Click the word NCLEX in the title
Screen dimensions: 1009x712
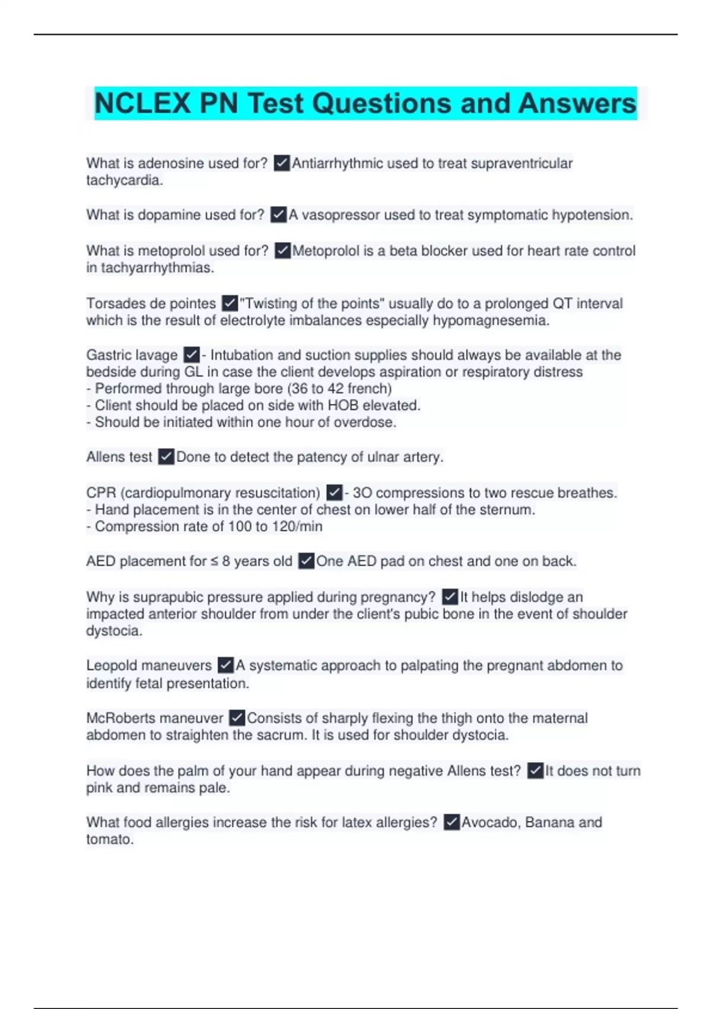point(142,103)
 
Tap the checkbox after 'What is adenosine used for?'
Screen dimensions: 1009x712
point(282,163)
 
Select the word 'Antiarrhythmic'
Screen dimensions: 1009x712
point(337,163)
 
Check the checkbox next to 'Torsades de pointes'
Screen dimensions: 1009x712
point(230,303)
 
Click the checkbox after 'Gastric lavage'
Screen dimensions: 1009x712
point(191,355)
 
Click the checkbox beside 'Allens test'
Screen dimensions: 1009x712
point(166,457)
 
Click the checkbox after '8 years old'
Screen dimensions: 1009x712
point(306,561)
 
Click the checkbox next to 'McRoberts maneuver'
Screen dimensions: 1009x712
point(237,718)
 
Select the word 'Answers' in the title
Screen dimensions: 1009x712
point(577,103)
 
